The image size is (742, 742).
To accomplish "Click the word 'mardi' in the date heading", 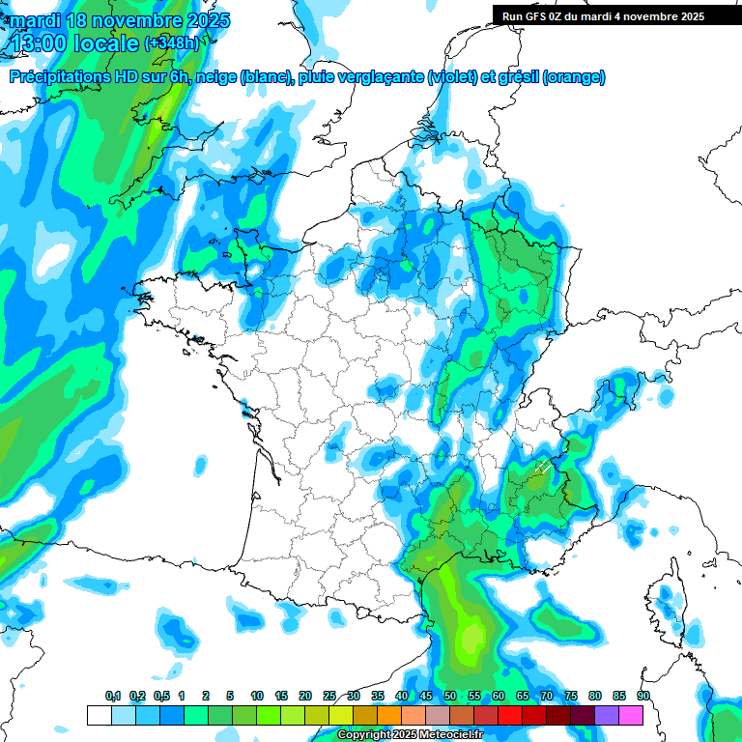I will [x=36, y=19].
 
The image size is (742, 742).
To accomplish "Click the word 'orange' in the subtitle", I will [x=576, y=77].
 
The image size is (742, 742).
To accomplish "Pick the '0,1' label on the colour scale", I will [x=113, y=697].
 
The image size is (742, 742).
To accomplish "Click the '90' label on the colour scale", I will [x=642, y=697].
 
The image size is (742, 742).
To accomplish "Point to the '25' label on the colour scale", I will [x=329, y=697].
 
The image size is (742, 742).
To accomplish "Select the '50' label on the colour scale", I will [x=450, y=697].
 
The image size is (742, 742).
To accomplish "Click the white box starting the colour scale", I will [x=99, y=715].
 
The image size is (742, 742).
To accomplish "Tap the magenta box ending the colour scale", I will [x=631, y=715].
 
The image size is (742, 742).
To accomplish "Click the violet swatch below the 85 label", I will [x=607, y=715].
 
